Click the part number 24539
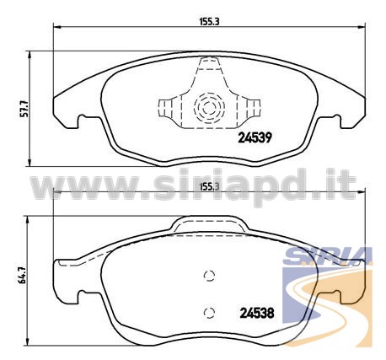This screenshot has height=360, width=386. pyautogui.click(x=255, y=137)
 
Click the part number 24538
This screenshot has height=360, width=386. pyautogui.click(x=257, y=313)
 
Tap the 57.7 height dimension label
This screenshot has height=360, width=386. pyautogui.click(x=25, y=108)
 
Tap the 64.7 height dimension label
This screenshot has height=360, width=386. pyautogui.click(x=23, y=276)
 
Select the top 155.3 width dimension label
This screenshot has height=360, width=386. pyautogui.click(x=209, y=22)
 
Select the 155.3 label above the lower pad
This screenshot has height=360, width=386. pyautogui.click(x=209, y=186)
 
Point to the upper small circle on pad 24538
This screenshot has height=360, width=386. pyautogui.click(x=209, y=276)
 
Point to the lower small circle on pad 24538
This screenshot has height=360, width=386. pyautogui.click(x=209, y=312)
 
